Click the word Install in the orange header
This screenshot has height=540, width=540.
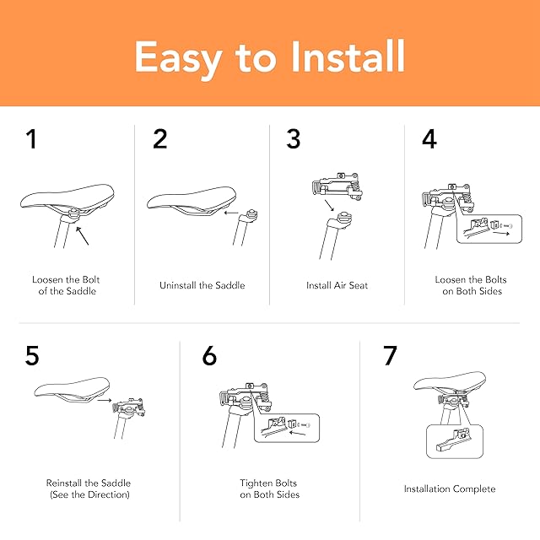[x=348, y=57]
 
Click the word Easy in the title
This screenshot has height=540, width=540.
[x=178, y=59]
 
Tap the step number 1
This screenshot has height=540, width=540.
[x=31, y=138]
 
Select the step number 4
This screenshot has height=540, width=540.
[x=429, y=138]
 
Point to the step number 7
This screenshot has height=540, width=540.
[x=390, y=355]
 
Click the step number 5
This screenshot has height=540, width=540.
[x=32, y=355]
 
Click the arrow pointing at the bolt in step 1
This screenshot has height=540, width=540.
[x=83, y=236]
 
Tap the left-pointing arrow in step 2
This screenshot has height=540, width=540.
[x=231, y=213]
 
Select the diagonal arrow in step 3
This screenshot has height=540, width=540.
[x=329, y=205]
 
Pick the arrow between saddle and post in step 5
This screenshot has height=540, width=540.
[x=105, y=400]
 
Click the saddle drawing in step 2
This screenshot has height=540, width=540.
[x=192, y=201]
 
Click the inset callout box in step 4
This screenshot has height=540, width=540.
[x=489, y=229]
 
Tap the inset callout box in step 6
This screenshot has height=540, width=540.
[x=287, y=428]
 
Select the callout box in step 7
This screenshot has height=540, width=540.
[x=455, y=441]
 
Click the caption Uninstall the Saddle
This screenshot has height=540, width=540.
[x=202, y=285]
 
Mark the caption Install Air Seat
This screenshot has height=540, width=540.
[x=337, y=285]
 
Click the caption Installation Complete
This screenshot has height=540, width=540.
[x=450, y=489]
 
